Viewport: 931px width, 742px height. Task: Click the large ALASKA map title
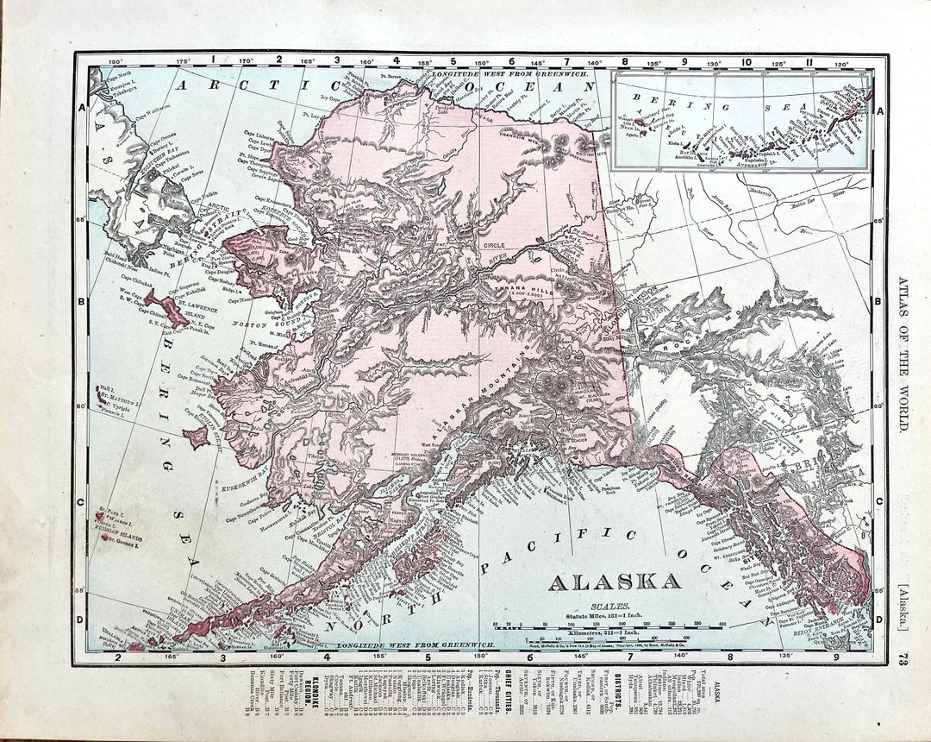pyautogui.click(x=614, y=581)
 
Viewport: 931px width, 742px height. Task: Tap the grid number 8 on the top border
pyautogui.click(x=624, y=61)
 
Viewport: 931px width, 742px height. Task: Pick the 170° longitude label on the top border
pyautogui.click(x=246, y=61)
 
